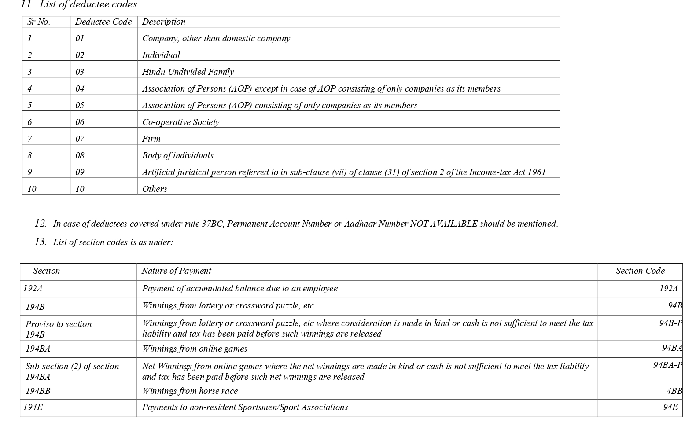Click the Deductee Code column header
pos(103,22)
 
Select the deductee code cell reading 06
pos(80,122)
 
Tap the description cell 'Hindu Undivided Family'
pos(188,72)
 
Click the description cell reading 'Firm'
pos(151,139)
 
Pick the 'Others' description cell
pos(155,189)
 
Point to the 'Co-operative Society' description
pos(180,122)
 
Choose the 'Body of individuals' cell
pos(177,155)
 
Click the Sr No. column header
pos(39,22)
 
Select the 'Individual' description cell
pos(161,55)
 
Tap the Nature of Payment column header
pos(176,271)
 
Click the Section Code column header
pos(640,271)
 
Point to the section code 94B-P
pos(670,323)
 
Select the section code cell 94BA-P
pos(667,365)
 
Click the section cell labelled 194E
pos(33,407)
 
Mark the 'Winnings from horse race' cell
pos(190,391)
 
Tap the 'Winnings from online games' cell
pos(195,349)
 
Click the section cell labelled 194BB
pos(38,391)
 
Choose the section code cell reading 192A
pos(668,288)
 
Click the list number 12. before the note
pos(41,223)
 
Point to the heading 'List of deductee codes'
pos(88,5)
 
